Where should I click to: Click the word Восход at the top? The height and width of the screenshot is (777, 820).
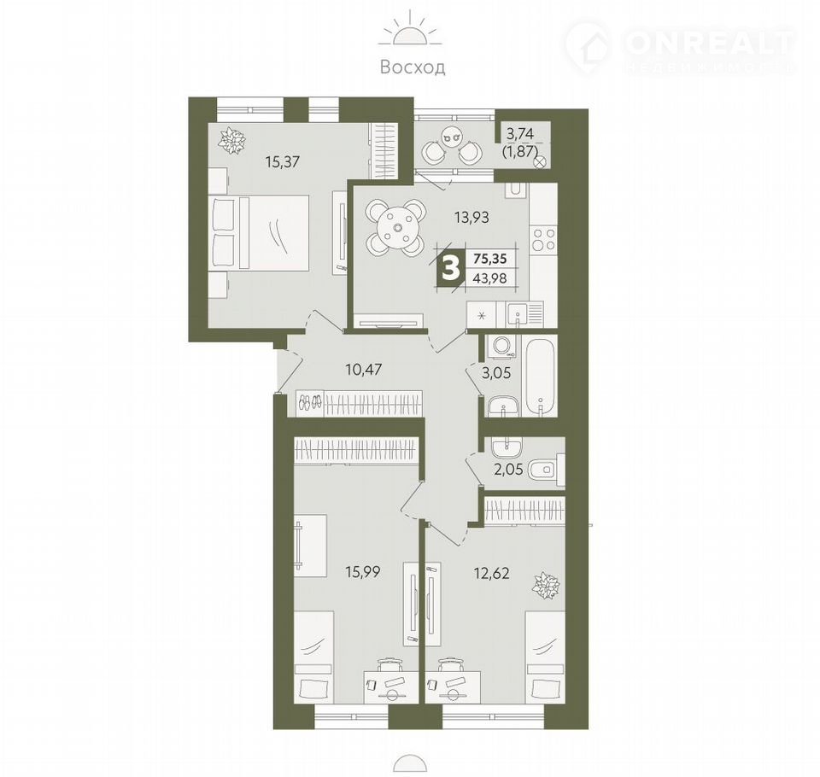click(413, 67)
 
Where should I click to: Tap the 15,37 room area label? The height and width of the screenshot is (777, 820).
click(282, 162)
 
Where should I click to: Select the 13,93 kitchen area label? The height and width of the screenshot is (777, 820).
click(471, 217)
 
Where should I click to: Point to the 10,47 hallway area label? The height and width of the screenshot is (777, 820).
click(364, 370)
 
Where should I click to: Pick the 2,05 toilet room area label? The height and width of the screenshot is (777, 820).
click(507, 469)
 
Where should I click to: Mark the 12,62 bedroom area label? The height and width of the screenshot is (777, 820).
click(491, 573)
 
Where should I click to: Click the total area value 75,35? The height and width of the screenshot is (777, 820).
click(490, 258)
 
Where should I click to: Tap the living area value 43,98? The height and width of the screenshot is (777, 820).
click(490, 277)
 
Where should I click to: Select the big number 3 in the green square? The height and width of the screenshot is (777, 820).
click(451, 268)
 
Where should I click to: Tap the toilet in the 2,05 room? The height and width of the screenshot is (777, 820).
click(547, 469)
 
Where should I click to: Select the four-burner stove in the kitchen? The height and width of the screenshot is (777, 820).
click(544, 240)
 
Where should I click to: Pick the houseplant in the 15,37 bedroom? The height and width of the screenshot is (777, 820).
click(232, 141)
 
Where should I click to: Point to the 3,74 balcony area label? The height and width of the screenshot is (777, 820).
click(520, 134)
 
